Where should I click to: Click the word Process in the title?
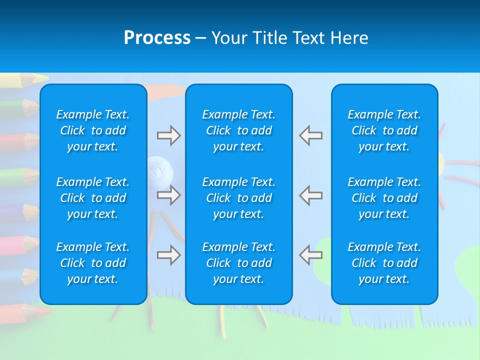click(157, 38)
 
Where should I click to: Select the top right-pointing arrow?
click(168, 135)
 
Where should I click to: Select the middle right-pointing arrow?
click(168, 194)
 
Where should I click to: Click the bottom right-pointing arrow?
click(168, 254)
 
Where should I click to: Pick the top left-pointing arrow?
click(310, 135)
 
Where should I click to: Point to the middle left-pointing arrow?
click(310, 194)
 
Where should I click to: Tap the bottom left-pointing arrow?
click(310, 254)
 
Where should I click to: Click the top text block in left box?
click(93, 130)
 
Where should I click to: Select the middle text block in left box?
click(93, 198)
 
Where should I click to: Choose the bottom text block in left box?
click(93, 263)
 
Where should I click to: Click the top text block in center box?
click(239, 130)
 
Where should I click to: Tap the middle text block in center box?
click(239, 198)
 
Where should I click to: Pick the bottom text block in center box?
click(239, 263)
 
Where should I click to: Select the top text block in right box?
click(384, 130)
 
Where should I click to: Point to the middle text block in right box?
click(384, 198)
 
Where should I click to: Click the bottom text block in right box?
click(384, 263)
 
